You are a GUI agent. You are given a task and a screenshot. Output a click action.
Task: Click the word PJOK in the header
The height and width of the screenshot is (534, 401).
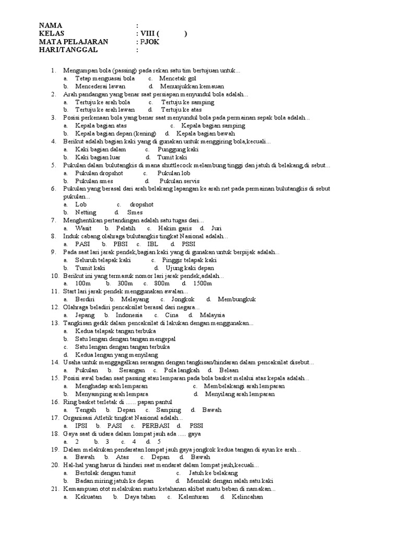149,42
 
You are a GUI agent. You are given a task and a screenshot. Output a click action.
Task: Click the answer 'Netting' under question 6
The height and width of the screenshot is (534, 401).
86,212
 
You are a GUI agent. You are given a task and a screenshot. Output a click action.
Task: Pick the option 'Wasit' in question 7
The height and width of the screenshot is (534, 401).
84,228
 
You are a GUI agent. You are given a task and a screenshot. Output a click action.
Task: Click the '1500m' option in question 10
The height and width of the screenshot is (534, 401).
202,283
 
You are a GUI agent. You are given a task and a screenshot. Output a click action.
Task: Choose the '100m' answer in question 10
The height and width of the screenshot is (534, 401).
84,283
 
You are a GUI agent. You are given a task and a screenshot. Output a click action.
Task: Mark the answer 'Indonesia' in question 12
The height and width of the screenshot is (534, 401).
129,315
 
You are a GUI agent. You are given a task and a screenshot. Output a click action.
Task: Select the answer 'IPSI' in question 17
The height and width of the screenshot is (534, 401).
81,425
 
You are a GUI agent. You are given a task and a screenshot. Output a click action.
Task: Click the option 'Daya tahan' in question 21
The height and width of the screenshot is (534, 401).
139,496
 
